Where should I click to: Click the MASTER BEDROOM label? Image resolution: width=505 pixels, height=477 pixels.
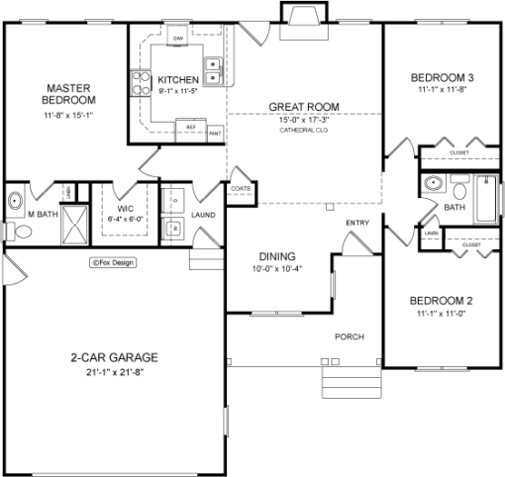point(68,93)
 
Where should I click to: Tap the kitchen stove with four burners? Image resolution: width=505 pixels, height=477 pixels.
point(140,80)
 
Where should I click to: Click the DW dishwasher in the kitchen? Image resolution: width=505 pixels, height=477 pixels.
point(179,39)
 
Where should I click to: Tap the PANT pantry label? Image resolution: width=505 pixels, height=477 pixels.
point(214,129)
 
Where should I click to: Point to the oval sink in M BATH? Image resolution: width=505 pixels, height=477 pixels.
point(17,201)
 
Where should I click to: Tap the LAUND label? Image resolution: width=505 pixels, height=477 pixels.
point(204,214)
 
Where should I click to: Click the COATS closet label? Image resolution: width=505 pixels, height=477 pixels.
point(240,187)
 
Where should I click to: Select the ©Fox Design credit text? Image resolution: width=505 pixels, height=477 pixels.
point(112,263)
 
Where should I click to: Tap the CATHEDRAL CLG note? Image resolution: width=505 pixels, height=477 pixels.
point(303,130)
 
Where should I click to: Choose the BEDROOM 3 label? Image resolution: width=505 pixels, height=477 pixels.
point(443,78)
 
